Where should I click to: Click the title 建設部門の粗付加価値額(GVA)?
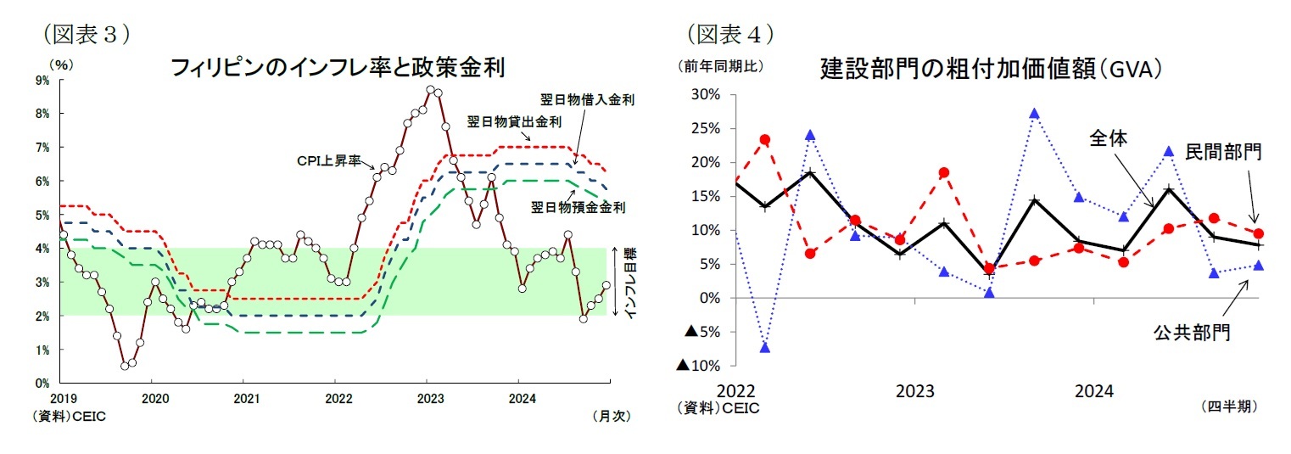990,69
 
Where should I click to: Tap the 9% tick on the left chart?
42,81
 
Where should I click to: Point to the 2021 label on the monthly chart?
245,397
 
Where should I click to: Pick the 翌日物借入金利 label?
587,99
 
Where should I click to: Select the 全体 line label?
1108,139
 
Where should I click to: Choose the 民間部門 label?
1223,152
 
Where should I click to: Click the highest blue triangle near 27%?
1034,114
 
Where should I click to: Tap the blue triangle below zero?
765,347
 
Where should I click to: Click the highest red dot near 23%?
765,139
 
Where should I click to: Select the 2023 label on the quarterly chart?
915,391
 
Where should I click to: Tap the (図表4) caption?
729,34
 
